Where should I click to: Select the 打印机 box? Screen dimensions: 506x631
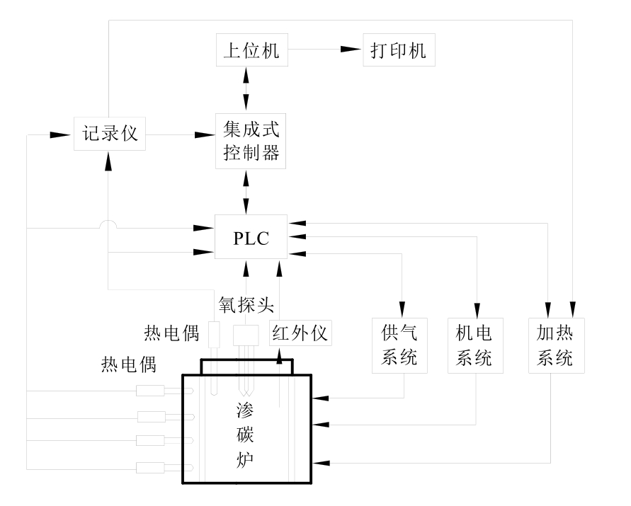399,52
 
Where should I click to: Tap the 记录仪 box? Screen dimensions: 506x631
109,134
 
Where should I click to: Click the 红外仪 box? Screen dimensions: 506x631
300,333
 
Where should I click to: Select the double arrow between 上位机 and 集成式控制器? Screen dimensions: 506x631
246,88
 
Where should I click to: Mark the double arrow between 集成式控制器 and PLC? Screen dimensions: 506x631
246,191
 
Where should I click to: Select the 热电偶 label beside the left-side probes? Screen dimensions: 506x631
128,366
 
